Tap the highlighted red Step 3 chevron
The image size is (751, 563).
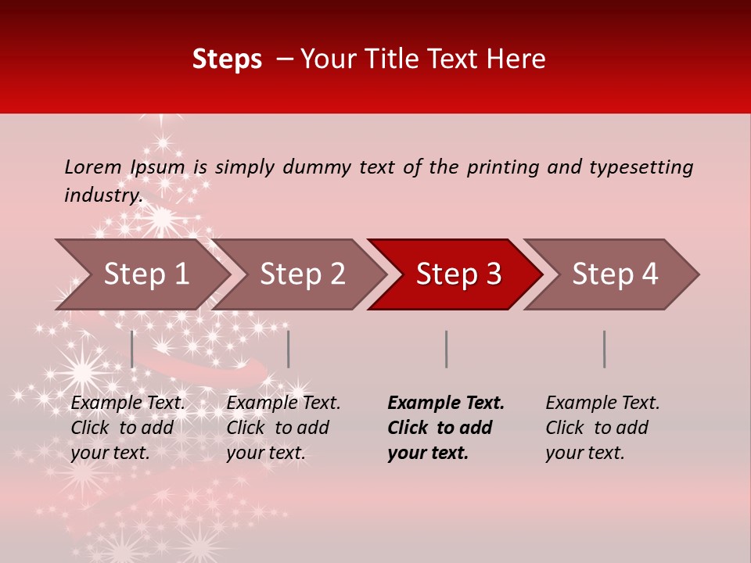pos(458,274)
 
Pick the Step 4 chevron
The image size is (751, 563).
pos(615,274)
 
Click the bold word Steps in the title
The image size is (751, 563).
pos(227,59)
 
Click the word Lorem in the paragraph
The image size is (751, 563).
pos(93,167)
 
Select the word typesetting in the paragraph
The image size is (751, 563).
pos(641,167)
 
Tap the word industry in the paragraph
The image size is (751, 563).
pos(102,195)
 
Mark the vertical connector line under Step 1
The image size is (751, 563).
pos(132,349)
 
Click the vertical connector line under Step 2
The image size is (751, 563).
pos(289,349)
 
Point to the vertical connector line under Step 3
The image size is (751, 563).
pos(446,349)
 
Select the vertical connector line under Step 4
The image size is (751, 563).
pos(604,349)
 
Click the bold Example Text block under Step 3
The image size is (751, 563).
pos(446,428)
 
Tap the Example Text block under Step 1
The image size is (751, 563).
pos(128,428)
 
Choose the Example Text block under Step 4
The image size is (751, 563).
pos(602,428)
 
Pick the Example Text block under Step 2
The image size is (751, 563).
pos(283,428)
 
